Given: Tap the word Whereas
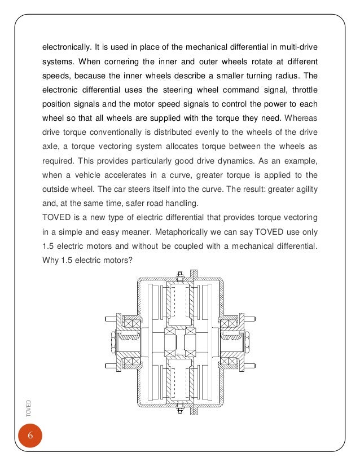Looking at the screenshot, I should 302,120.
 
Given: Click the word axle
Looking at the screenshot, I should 51,149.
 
